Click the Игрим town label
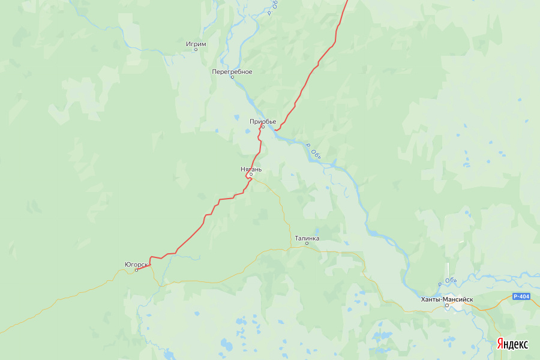[196, 44]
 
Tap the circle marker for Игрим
[196, 49]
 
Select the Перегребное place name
[232, 71]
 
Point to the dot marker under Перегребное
[232, 77]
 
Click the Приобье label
[263, 121]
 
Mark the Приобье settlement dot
[263, 127]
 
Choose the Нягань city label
[251, 169]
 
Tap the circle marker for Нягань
[251, 175]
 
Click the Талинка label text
[307, 238]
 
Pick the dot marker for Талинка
[307, 244]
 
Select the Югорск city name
[136, 264]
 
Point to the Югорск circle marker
[136, 270]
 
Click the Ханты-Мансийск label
[447, 299]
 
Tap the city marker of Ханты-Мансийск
[447, 305]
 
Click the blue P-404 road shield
[521, 296]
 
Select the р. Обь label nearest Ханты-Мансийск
[448, 281]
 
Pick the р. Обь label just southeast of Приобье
[314, 151]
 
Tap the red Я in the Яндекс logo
[500, 344]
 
